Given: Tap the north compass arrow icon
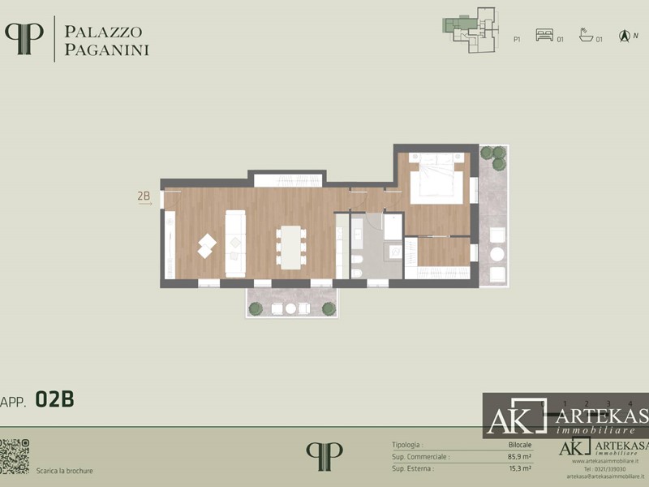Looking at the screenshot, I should (x=624, y=36).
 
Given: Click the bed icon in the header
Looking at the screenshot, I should (x=544, y=36).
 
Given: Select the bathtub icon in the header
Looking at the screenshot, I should (x=586, y=36).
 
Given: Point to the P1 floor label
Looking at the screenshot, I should (x=517, y=39).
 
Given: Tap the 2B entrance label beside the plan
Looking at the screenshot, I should (x=144, y=196).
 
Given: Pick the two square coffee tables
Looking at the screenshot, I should (x=206, y=245).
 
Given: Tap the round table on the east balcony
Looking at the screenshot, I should (x=496, y=254).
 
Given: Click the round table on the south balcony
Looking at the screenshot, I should (x=290, y=308).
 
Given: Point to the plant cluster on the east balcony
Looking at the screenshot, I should (x=493, y=157).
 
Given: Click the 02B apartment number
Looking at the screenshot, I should (x=55, y=399).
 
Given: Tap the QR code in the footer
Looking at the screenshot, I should (x=15, y=456).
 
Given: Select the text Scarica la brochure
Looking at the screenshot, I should (x=65, y=471).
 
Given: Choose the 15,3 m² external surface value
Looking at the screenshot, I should (x=519, y=468).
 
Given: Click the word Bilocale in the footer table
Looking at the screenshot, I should (x=520, y=445).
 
